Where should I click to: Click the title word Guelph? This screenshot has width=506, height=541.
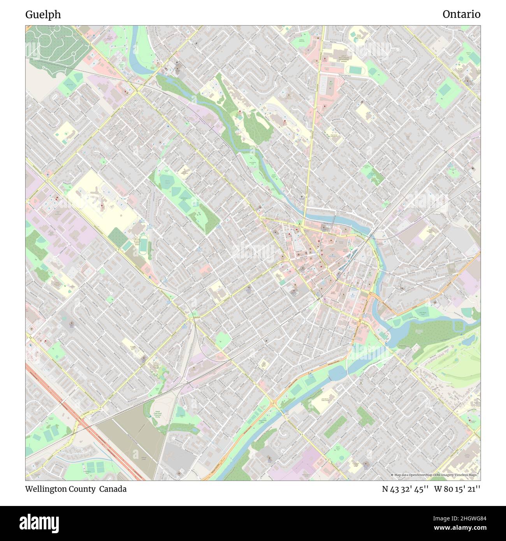tap(43, 14)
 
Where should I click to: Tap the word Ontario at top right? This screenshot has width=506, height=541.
tap(461, 14)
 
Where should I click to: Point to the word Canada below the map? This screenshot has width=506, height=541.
tap(112, 489)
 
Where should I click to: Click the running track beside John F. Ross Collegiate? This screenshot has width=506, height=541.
tap(355, 69)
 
